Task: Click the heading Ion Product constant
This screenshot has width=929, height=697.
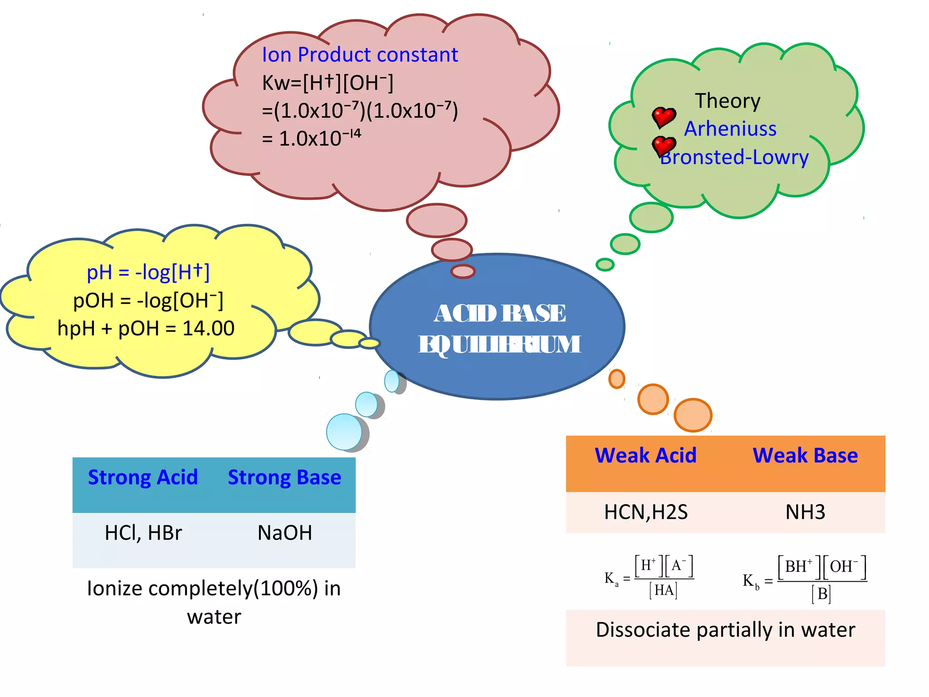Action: [x=360, y=55]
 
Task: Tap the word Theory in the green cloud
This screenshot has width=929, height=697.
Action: [x=728, y=101]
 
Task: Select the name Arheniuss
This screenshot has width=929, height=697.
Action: [x=730, y=129]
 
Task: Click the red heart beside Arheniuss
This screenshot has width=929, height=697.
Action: [x=664, y=117]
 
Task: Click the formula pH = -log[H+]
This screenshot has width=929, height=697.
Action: [x=148, y=272]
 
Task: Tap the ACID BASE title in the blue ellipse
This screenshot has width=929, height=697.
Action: [x=499, y=313]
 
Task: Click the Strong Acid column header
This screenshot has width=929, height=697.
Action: [x=143, y=477]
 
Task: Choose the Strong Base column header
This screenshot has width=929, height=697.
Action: [x=284, y=477]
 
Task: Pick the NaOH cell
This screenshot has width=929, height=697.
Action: [x=284, y=533]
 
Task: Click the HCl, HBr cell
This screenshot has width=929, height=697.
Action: [x=143, y=533]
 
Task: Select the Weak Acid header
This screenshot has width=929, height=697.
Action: [x=645, y=455]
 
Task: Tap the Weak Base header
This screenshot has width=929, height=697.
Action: [x=805, y=455]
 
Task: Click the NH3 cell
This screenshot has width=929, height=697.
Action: [x=805, y=512]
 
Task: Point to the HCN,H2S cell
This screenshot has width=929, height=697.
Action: [x=645, y=512]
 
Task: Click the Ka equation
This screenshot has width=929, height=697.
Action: [x=649, y=578]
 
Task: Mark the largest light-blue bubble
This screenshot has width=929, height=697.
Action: [x=345, y=432]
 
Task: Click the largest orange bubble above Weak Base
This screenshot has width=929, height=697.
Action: [x=693, y=415]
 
